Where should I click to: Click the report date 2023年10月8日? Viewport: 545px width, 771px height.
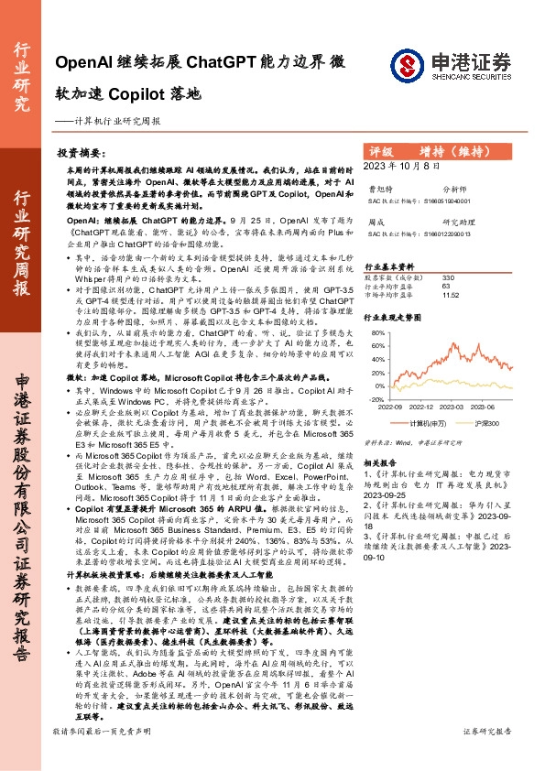[402, 165]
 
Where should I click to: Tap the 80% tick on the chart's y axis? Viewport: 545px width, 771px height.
[376, 333]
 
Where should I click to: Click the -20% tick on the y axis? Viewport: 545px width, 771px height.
[376, 399]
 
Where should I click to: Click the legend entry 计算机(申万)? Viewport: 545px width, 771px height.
[429, 424]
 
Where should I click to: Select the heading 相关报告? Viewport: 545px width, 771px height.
[381, 464]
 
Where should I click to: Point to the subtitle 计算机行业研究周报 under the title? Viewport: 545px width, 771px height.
[119, 120]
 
